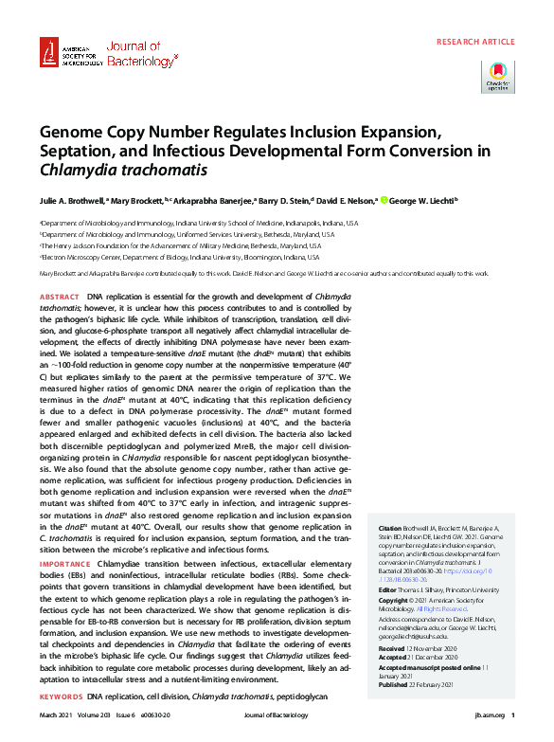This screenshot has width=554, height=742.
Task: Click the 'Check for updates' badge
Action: [498, 76]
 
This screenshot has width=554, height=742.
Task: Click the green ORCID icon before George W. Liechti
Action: [384, 201]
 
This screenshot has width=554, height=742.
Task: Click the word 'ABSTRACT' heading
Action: [60, 297]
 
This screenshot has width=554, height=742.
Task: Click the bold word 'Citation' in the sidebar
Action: [390, 527]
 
